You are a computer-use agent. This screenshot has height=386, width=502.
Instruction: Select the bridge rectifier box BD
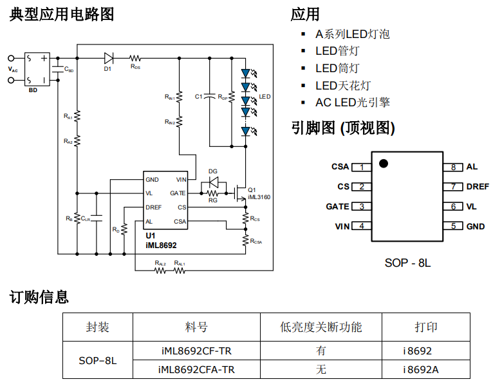point(36,69)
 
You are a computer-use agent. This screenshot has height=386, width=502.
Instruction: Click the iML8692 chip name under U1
point(161,246)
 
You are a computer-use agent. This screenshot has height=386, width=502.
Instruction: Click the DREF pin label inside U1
point(154,207)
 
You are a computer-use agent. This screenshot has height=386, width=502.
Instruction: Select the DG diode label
point(213,171)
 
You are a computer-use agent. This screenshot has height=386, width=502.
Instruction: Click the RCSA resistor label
point(256,241)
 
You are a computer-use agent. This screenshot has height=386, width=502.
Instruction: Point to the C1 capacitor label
point(199,97)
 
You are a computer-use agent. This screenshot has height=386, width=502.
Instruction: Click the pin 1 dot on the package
point(384,163)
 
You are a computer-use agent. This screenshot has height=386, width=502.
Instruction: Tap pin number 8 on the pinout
point(453,167)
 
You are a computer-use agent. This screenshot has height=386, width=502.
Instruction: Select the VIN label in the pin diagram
point(341,226)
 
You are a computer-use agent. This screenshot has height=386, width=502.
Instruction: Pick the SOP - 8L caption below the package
point(407,262)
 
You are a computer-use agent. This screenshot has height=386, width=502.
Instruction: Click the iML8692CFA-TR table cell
point(196,369)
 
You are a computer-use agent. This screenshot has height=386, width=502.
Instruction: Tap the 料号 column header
point(196,327)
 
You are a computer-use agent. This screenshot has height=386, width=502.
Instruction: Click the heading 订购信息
point(39,297)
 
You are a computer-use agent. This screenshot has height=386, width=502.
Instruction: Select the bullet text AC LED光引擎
point(352,102)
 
